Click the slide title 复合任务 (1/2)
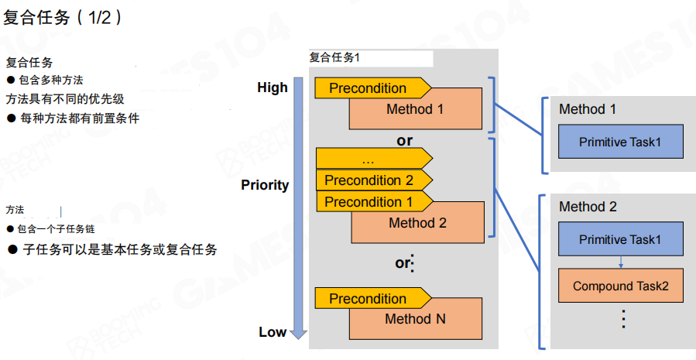click(62, 18)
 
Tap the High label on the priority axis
click(273, 88)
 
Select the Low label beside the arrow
click(273, 332)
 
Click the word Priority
click(265, 185)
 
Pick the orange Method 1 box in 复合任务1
click(415, 110)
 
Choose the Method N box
click(415, 320)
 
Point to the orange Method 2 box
click(418, 224)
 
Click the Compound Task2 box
click(620, 286)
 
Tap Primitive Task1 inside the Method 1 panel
click(620, 142)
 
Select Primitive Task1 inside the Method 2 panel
click(620, 240)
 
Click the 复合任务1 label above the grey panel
click(335, 57)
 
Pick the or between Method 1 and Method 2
click(404, 141)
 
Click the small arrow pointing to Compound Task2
click(620, 263)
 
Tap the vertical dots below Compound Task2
click(622, 319)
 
